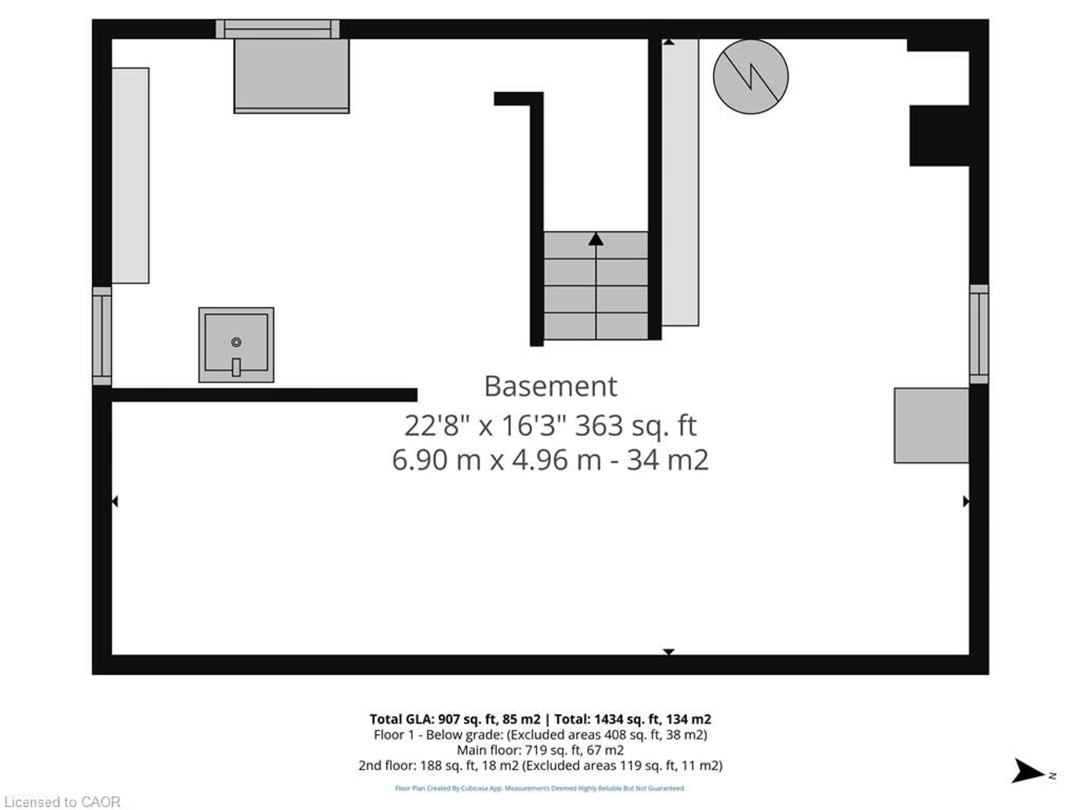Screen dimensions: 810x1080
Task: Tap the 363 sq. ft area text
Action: coord(636,426)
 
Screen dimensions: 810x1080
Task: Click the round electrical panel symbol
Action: coord(750,77)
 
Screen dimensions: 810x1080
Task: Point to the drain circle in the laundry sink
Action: coord(236,342)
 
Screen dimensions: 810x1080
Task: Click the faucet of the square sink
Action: coord(236,367)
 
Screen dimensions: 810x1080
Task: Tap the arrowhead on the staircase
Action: coord(596,239)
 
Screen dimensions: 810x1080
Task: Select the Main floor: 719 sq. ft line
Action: coord(540,750)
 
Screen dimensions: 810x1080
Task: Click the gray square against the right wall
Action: coord(931,425)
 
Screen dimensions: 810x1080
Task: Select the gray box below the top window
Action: coord(291,76)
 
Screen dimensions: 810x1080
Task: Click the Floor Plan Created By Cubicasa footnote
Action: coord(540,788)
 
